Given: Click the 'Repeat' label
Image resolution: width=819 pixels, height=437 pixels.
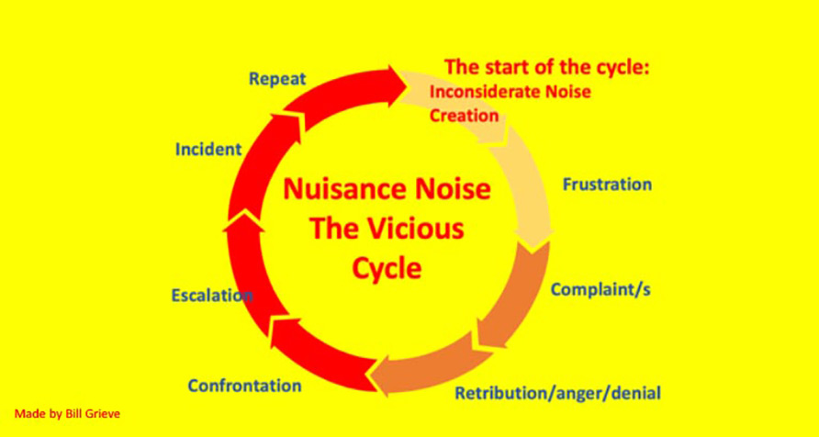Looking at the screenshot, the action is [x=277, y=80].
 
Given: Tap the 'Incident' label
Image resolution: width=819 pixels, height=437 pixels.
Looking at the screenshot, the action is [x=208, y=150].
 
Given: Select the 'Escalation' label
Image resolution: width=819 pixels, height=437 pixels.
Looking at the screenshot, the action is [x=212, y=296].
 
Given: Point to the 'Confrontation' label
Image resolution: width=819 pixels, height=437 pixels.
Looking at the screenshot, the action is [x=244, y=386].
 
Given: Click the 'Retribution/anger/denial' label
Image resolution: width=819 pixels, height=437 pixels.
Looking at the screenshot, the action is [x=557, y=393].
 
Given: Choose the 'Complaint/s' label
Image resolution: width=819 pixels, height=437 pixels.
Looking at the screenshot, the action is [x=600, y=289].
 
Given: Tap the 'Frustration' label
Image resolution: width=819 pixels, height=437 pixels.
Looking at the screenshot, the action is [x=607, y=185].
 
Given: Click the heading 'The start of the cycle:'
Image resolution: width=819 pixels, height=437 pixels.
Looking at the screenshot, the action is [x=547, y=68].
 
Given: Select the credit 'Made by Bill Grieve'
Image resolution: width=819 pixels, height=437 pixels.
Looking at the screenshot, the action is [x=67, y=414].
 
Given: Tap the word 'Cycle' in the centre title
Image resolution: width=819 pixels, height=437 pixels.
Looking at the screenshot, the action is [x=387, y=268].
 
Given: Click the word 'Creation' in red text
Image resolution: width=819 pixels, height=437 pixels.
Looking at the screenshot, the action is [x=464, y=116].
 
